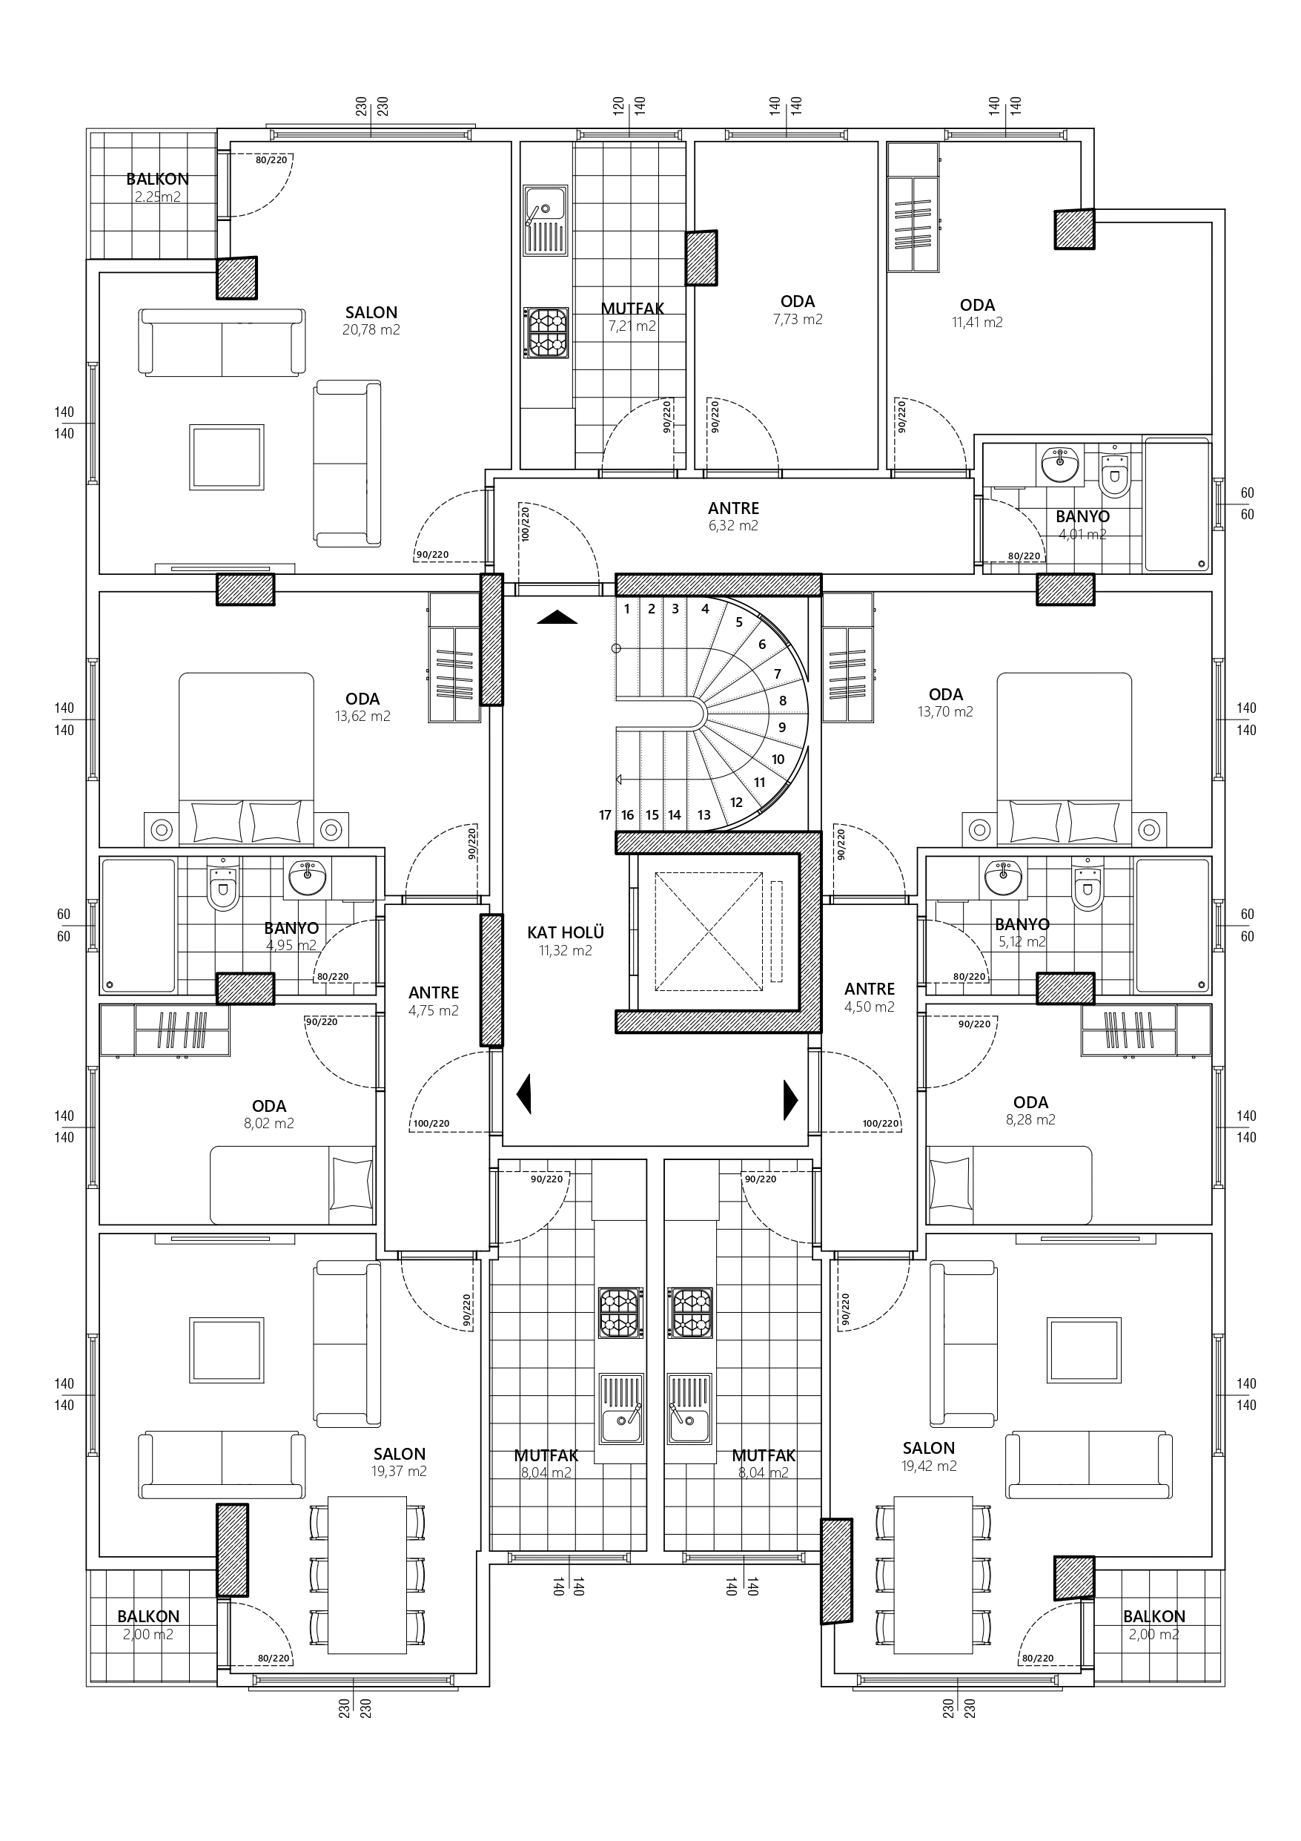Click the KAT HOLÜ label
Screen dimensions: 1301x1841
point(565,941)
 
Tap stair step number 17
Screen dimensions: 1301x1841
point(605,814)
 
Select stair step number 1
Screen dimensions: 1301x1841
point(627,608)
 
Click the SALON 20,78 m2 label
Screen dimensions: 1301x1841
point(371,320)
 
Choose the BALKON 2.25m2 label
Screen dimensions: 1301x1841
point(157,188)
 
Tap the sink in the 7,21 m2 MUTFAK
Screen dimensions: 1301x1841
point(545,219)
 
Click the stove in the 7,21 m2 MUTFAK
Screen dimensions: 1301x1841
point(546,332)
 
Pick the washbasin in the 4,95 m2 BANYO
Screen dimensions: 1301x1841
point(306,878)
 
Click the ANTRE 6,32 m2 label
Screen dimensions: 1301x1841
point(733,516)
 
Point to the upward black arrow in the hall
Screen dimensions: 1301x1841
point(557,616)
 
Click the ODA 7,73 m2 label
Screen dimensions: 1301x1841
point(798,309)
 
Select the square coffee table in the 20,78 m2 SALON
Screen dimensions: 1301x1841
point(227,457)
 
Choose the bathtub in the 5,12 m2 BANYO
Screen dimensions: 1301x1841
point(1173,925)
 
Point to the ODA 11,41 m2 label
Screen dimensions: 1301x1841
point(977,313)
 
